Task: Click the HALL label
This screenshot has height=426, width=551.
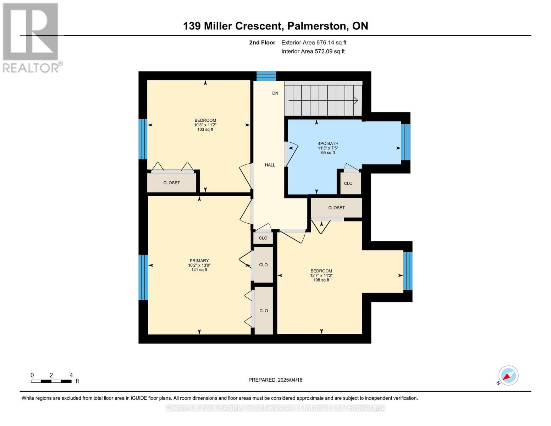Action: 270,165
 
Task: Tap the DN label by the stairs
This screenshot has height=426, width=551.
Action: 275,93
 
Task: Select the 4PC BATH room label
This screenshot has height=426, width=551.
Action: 328,143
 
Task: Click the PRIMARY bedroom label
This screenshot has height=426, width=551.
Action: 199,261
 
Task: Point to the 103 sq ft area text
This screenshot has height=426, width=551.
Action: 205,130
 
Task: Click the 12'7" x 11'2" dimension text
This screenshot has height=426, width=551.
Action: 321,275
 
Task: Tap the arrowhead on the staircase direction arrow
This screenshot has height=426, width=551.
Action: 356,100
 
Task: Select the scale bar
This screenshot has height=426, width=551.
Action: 51,381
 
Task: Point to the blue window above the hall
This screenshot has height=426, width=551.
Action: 266,76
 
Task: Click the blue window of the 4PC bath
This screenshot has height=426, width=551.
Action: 406,142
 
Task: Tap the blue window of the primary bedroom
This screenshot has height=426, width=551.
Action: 143,277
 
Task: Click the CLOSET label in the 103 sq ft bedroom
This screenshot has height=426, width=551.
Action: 172,183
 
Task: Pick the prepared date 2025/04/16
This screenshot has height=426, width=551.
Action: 290,380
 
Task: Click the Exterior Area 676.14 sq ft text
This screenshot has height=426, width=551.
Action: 314,43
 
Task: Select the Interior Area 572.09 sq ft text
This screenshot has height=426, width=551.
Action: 313,51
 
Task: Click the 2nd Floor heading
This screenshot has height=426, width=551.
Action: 262,43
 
